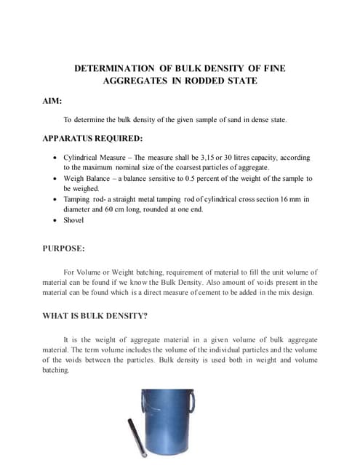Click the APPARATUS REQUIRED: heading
click(x=92, y=137)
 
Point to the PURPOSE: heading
click(x=64, y=248)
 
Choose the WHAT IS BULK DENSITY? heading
click(x=100, y=316)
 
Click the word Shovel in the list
click(x=73, y=219)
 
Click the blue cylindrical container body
click(x=166, y=429)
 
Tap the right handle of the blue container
click(x=193, y=401)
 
